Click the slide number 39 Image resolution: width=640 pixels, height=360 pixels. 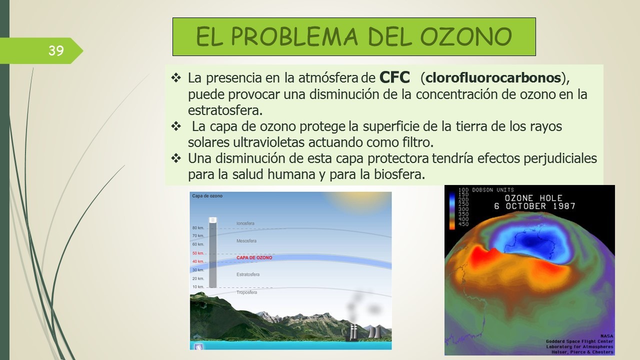click(x=56, y=51)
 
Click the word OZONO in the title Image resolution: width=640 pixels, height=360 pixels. click(x=466, y=37)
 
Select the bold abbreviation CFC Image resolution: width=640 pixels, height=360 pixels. click(x=394, y=77)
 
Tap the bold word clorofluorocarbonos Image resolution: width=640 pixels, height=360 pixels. click(x=493, y=77)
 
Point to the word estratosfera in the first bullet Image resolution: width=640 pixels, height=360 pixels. click(x=225, y=110)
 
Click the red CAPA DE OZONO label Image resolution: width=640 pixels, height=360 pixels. click(x=254, y=257)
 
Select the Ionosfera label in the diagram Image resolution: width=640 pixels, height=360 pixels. click(x=245, y=223)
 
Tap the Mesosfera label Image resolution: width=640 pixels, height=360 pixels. click(x=246, y=241)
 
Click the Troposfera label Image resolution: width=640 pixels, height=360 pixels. click(x=246, y=292)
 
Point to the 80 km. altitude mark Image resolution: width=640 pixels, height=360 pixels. click(x=198, y=228)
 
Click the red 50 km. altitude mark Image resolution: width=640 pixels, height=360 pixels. click(x=198, y=253)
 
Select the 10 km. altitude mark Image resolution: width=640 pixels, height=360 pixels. click(x=198, y=287)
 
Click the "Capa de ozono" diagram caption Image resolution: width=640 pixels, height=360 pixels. click(x=207, y=196)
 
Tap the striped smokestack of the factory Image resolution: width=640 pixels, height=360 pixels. click(x=353, y=332)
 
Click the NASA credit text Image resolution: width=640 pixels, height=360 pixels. click(x=607, y=336)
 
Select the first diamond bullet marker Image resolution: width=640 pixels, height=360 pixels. click(x=176, y=77)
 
